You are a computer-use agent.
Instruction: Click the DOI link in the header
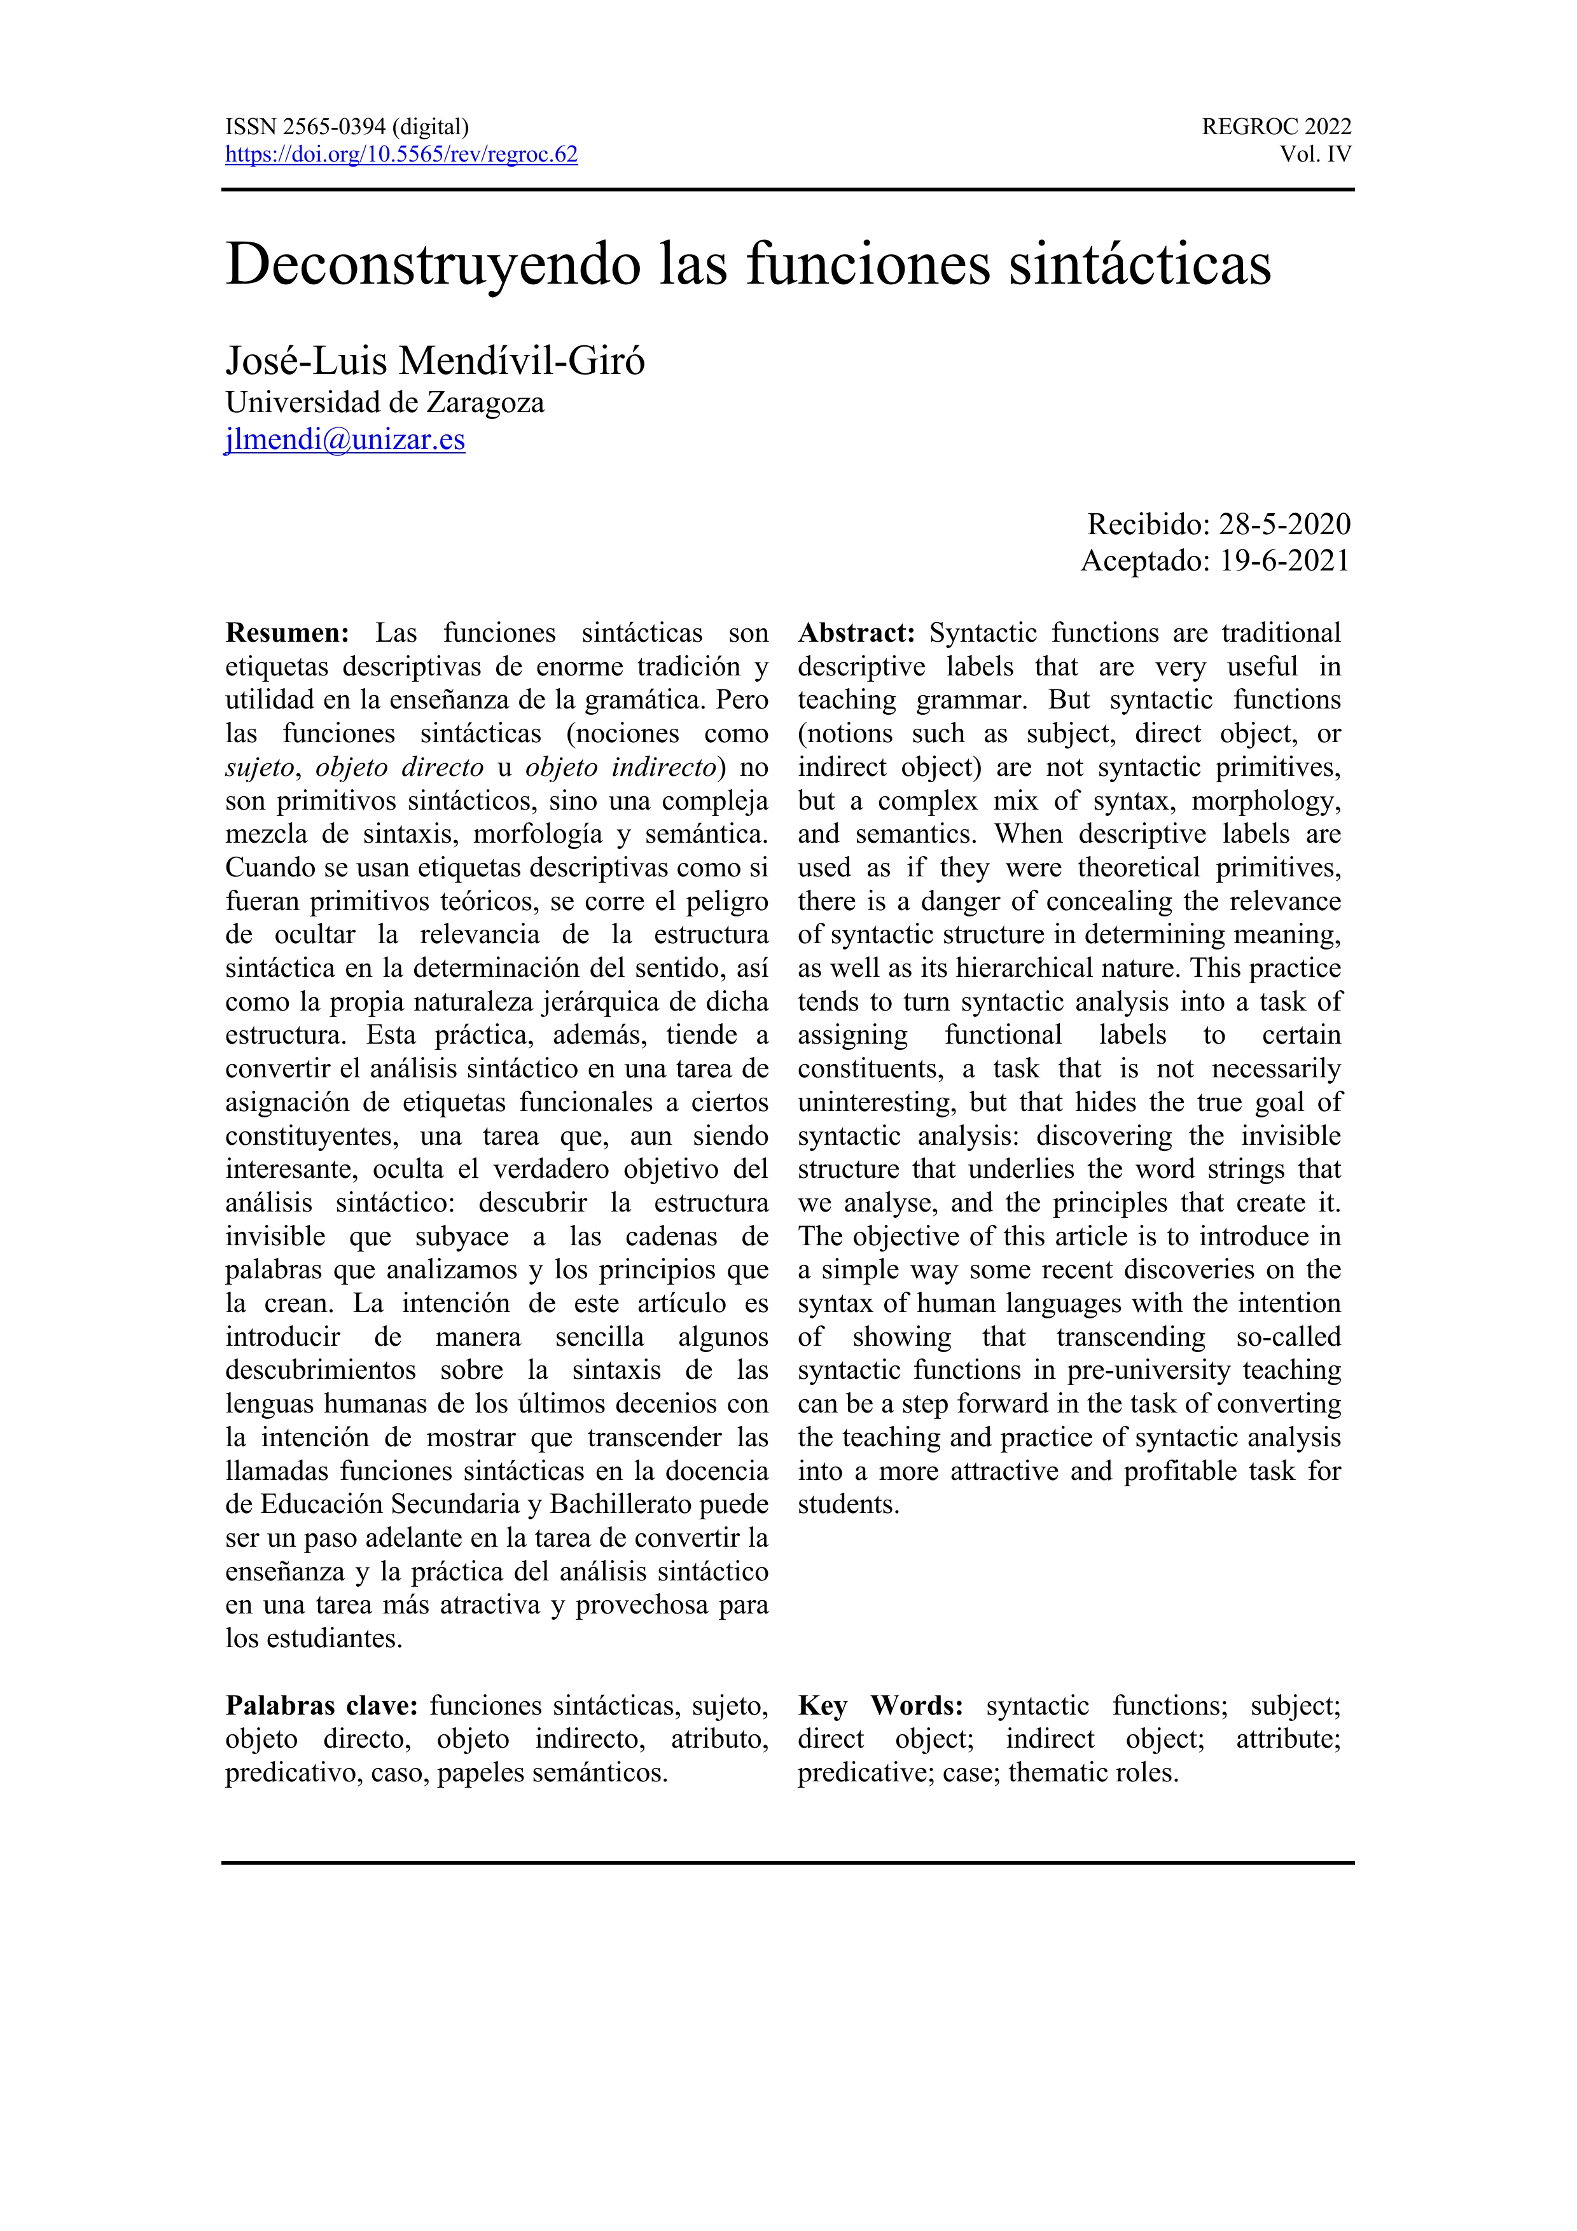401,155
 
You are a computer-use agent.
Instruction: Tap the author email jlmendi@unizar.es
345,439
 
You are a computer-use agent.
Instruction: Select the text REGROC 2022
1276,127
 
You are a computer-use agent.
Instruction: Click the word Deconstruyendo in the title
433,265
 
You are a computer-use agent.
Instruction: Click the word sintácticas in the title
1140,265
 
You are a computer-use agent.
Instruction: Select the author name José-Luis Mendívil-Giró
434,361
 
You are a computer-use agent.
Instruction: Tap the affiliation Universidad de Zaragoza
385,403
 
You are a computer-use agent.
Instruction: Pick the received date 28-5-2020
1284,525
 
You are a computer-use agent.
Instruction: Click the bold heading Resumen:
287,633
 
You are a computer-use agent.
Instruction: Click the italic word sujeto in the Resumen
258,768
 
